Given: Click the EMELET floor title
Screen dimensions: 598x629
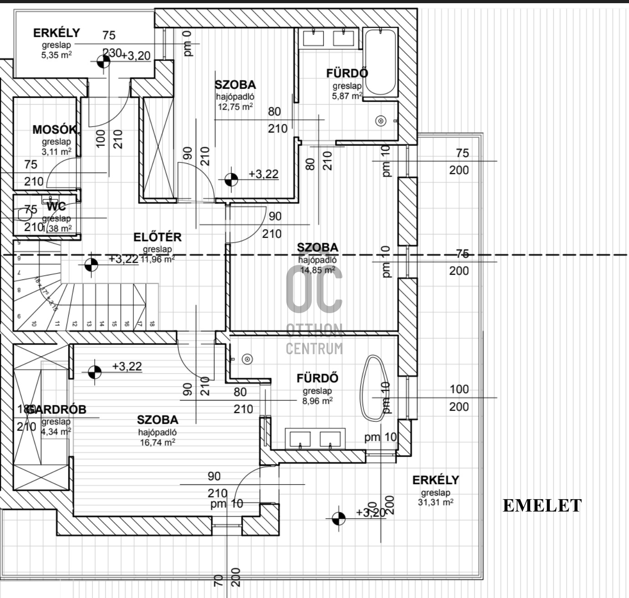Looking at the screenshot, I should (x=542, y=506).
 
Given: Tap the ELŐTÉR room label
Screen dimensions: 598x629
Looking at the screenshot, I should (x=157, y=237).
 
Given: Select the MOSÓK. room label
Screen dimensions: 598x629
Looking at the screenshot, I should (x=56, y=130).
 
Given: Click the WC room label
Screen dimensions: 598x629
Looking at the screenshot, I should (x=56, y=207).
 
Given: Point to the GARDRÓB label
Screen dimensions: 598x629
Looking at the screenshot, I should (x=56, y=410).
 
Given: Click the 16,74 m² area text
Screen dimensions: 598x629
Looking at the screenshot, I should (x=158, y=442).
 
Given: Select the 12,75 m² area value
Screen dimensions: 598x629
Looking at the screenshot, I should (x=235, y=107).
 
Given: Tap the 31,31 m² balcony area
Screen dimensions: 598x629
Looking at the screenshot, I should (x=435, y=502).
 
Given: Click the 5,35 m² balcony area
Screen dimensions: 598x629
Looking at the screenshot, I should (x=56, y=55).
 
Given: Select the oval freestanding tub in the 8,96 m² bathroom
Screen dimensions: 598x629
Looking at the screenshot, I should (x=374, y=388).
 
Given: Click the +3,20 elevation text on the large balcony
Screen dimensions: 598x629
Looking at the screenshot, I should (x=371, y=512).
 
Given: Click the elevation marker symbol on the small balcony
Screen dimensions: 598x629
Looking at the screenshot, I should (x=103, y=61).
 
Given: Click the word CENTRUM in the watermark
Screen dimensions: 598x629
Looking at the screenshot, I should (x=314, y=349).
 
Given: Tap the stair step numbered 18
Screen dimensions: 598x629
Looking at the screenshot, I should (x=152, y=324).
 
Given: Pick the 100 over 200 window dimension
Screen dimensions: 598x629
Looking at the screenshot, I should (x=459, y=398).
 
